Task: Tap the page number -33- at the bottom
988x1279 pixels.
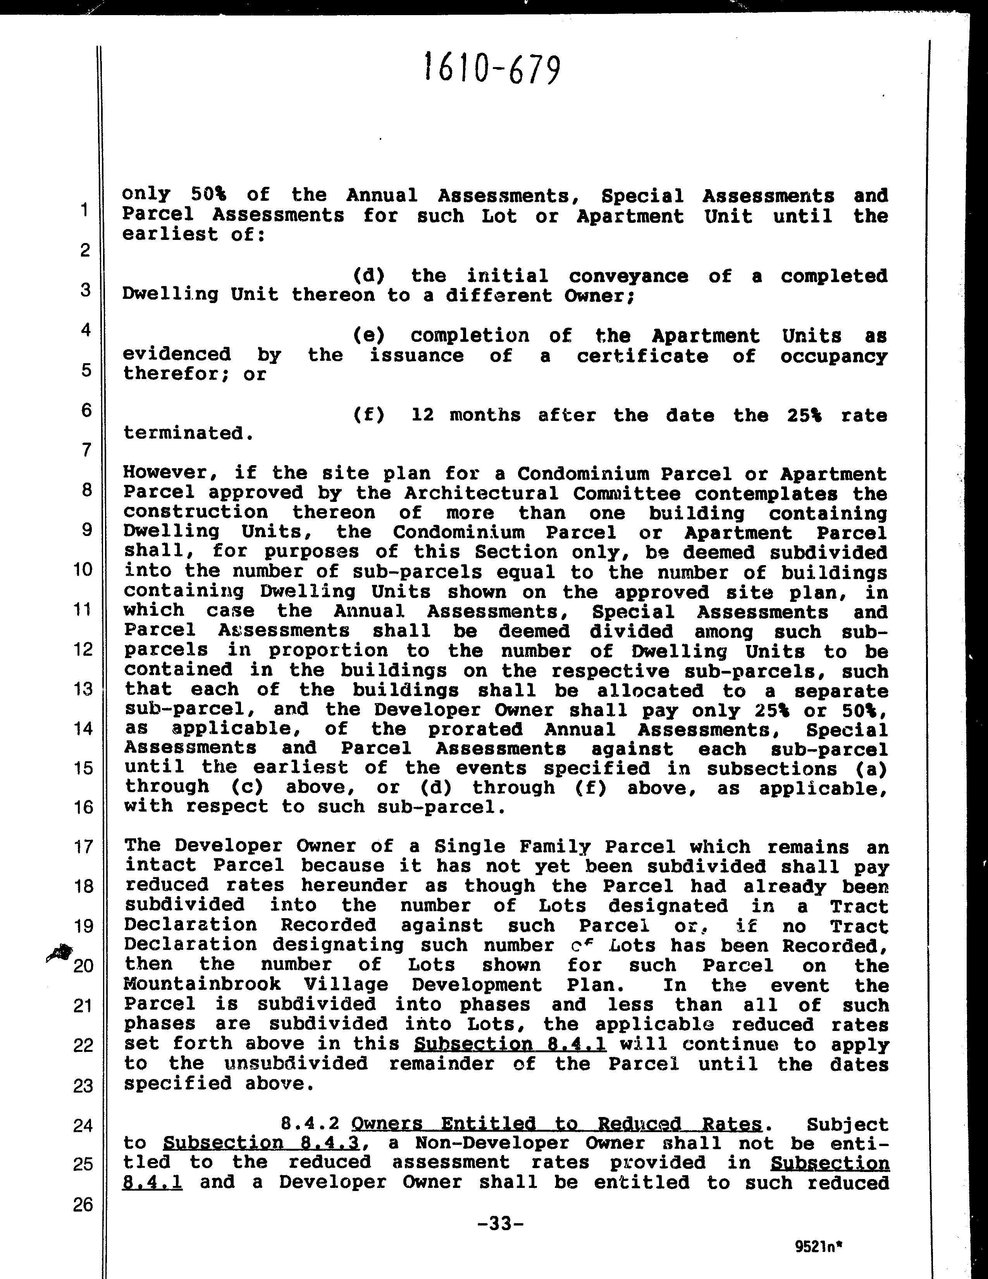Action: point(500,1223)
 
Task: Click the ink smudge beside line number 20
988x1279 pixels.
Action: point(60,953)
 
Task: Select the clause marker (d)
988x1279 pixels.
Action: point(369,275)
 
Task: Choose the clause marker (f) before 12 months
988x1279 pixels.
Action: point(369,415)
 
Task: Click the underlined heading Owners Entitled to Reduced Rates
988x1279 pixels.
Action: point(557,1124)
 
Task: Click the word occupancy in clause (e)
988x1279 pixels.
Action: point(833,356)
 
